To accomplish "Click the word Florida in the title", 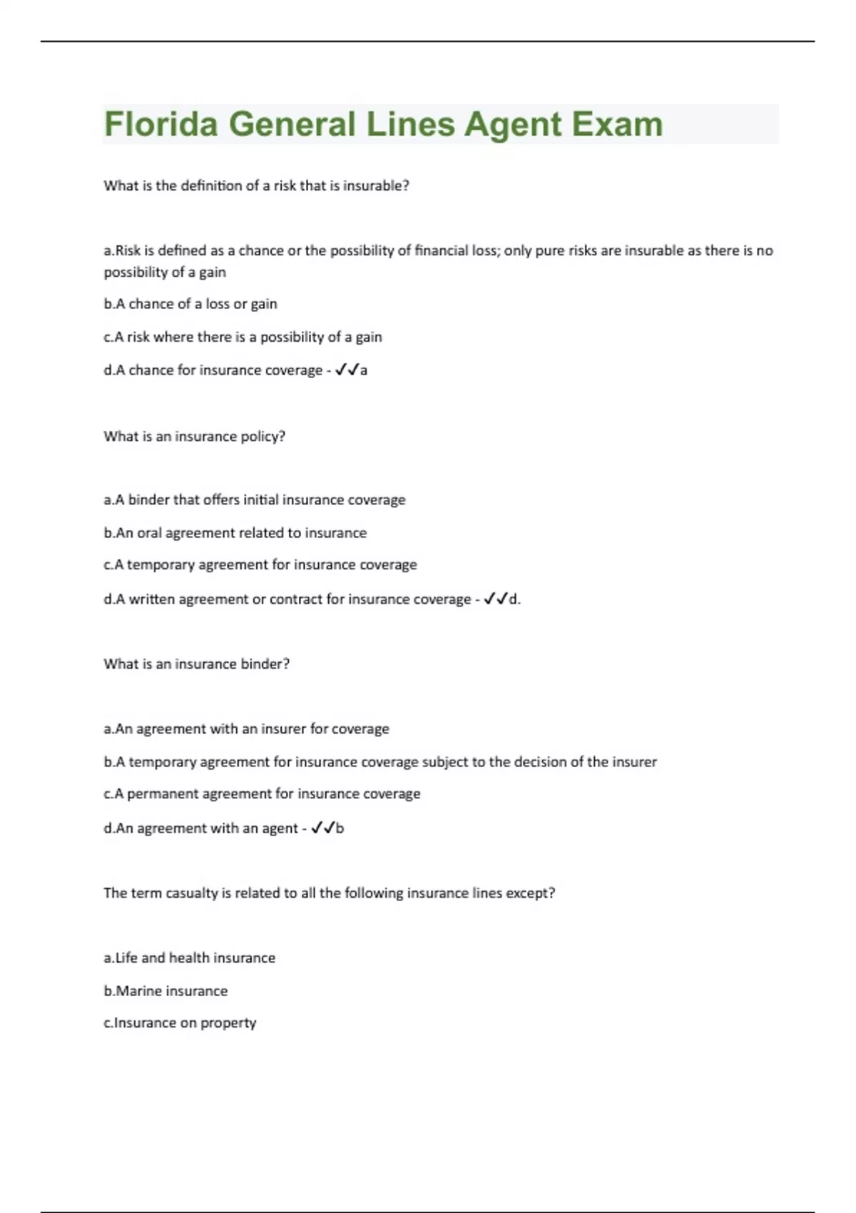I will click(x=160, y=124).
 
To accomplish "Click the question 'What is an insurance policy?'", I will click(x=194, y=436).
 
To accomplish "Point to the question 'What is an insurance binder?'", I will click(x=196, y=664).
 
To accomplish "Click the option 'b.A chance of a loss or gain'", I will click(x=190, y=304).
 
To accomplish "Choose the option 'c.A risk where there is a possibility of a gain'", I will click(x=243, y=337).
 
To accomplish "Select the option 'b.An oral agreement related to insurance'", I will click(x=235, y=533).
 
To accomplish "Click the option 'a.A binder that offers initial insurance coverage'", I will click(x=254, y=500).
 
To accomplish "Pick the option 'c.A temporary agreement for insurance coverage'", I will click(x=260, y=565).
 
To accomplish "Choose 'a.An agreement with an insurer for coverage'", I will click(x=246, y=729).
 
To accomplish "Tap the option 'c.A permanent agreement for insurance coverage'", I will click(x=262, y=794).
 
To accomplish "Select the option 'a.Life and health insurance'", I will click(x=189, y=958).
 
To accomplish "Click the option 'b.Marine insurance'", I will click(x=165, y=991).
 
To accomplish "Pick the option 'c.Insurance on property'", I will click(x=180, y=1023).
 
